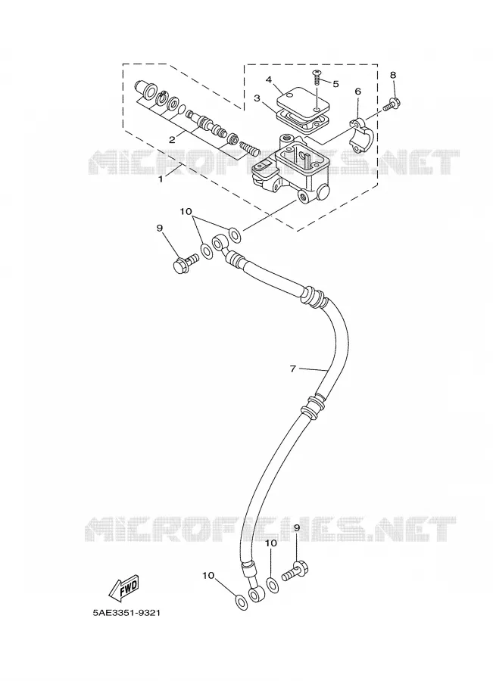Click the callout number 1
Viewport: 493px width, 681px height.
(x=161, y=179)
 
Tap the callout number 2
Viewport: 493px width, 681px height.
(x=172, y=139)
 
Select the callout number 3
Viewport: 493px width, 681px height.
(x=257, y=98)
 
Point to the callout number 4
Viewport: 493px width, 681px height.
(x=269, y=79)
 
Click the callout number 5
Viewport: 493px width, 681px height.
(x=335, y=84)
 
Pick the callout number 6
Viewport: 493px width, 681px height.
(x=357, y=92)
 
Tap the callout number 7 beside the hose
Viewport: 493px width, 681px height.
(x=293, y=368)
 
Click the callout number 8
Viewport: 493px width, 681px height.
(x=393, y=75)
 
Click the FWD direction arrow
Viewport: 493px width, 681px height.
(x=123, y=588)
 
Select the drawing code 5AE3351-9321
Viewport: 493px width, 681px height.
(x=126, y=613)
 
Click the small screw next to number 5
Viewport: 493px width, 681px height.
(x=317, y=79)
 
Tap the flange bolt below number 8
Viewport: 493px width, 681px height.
(x=392, y=105)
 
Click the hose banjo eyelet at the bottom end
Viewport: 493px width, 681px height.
(x=257, y=594)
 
